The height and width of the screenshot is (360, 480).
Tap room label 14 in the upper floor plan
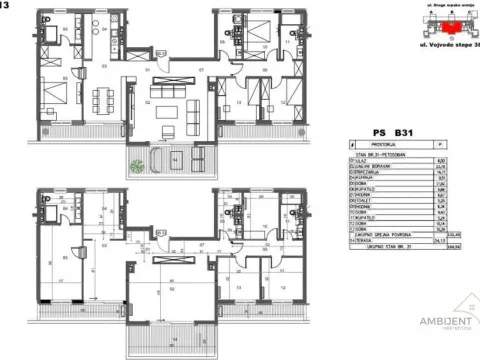tap(175, 158)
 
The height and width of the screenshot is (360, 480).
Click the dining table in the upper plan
tap(100, 99)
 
